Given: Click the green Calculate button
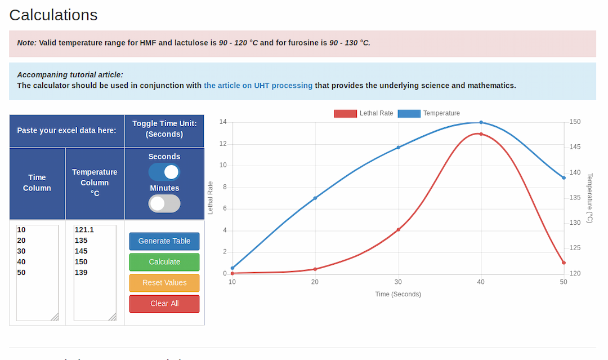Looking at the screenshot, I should (164, 262).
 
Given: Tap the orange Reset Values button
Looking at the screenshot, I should (164, 283).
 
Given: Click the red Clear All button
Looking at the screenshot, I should (164, 304).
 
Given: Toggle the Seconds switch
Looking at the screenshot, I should (164, 172).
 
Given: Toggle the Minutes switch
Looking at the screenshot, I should (164, 203).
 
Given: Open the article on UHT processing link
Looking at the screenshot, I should (258, 86).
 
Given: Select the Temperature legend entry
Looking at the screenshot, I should (429, 113).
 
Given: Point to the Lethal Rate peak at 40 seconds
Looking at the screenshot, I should (481, 134).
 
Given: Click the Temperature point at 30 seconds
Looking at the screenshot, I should (398, 148).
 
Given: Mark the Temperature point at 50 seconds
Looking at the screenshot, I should (564, 178).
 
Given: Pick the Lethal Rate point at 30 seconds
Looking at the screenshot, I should (398, 230).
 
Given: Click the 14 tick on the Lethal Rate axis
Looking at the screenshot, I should (223, 122).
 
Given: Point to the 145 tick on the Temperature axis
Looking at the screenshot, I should (575, 148).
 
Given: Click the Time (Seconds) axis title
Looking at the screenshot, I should (398, 294).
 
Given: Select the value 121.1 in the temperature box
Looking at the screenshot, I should (84, 230).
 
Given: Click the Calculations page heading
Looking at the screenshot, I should (53, 15).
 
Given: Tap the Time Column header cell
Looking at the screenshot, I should (37, 183).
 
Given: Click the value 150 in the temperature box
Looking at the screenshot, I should (81, 262).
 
